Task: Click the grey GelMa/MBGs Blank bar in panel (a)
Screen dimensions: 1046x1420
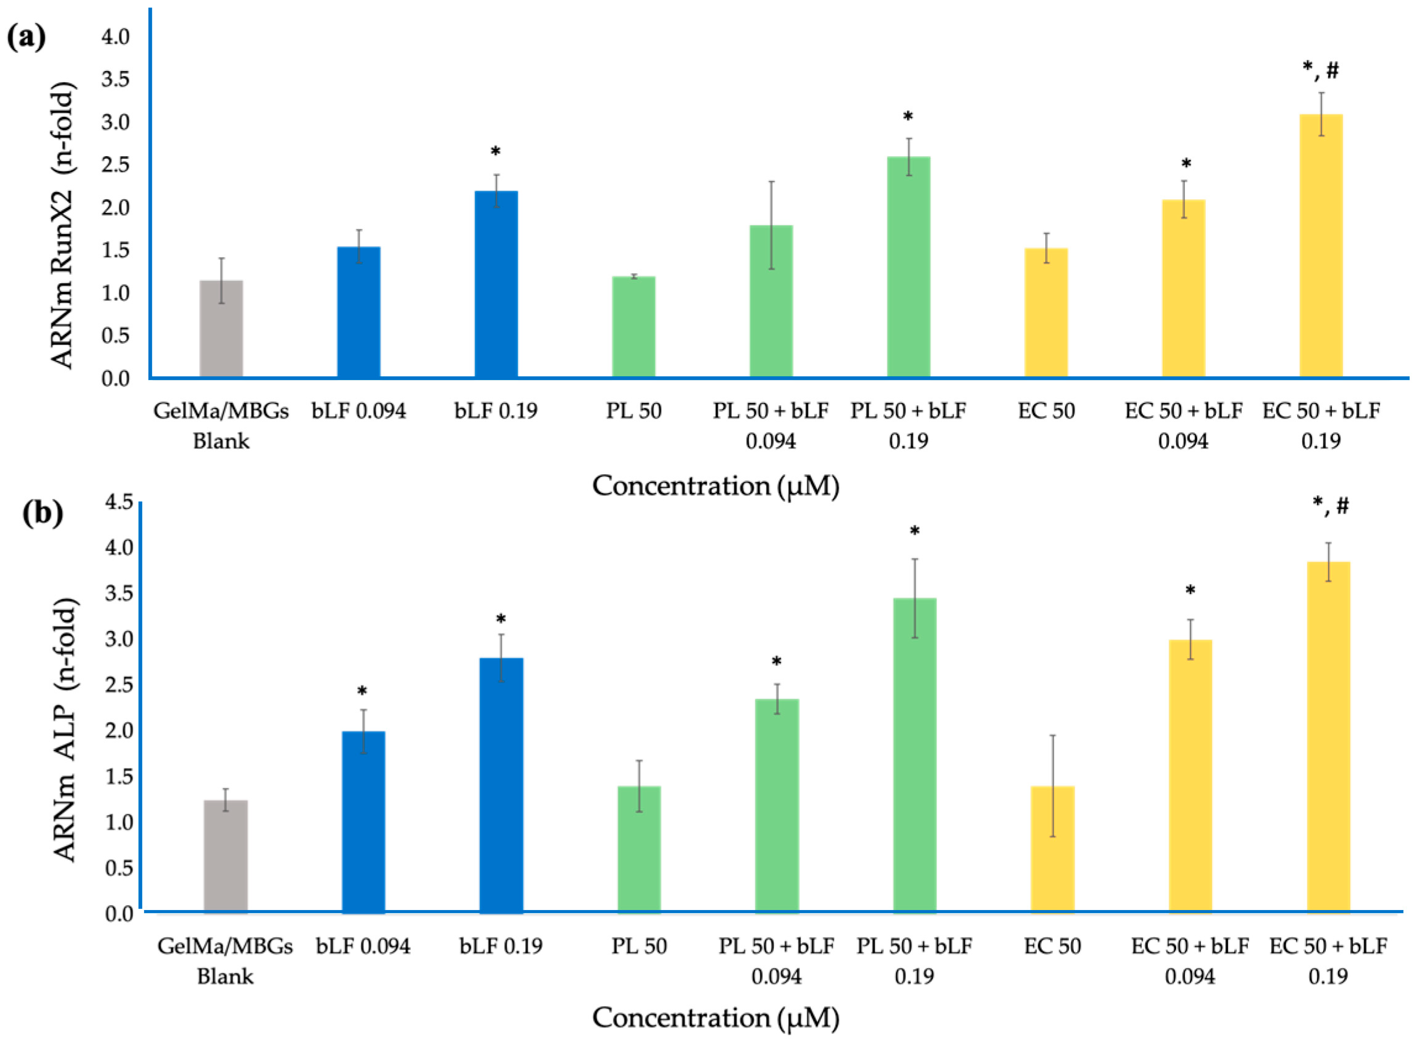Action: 221,329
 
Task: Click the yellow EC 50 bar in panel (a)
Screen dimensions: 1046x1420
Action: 1046,314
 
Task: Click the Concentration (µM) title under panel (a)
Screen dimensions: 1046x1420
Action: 715,486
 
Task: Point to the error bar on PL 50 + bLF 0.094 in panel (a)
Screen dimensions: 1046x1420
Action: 771,225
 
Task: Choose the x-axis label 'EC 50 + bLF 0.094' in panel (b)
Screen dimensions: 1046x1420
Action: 1189,961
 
